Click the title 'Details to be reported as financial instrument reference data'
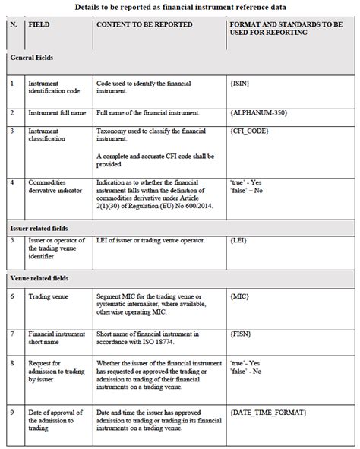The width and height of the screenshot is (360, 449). [180, 7]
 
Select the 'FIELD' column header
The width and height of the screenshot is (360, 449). [39, 24]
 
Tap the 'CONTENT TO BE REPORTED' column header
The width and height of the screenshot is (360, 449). [144, 24]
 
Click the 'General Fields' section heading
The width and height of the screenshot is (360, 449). [31, 58]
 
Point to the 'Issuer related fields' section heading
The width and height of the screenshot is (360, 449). [39, 228]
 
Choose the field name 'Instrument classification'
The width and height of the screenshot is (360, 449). [49, 136]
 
